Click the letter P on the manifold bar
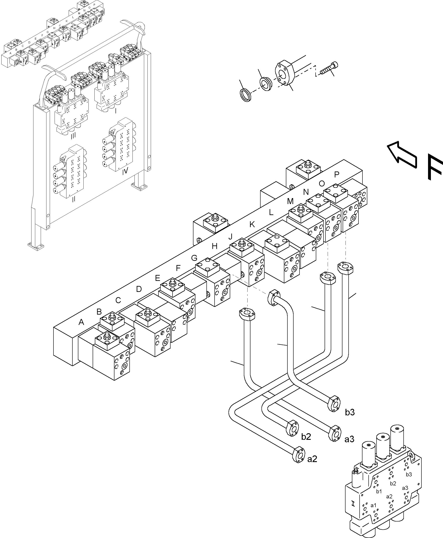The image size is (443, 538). (336, 175)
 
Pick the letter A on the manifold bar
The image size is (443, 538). (81, 322)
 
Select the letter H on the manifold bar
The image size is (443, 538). (215, 246)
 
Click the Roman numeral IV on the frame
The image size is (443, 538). (125, 171)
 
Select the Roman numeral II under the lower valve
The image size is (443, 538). (74, 199)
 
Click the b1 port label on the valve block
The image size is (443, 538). (379, 491)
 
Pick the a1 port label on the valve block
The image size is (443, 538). (373, 505)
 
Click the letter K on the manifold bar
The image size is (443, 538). (252, 225)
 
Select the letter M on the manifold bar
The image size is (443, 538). (290, 201)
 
